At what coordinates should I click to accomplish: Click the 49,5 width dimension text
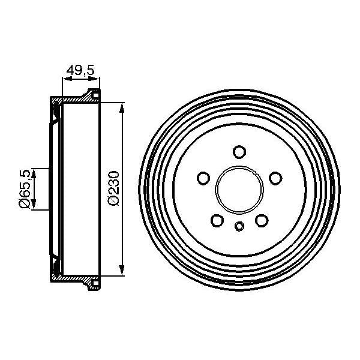point(81,71)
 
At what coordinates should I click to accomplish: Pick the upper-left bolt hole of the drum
point(203,178)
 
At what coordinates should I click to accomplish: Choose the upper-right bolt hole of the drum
point(276,178)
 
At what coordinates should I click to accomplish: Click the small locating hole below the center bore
point(239,226)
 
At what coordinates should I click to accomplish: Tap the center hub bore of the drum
point(239,189)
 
